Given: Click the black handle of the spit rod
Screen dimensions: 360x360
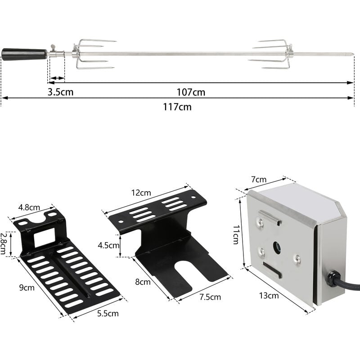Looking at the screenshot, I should pos(24,54).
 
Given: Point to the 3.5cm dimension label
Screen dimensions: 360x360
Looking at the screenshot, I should pos(61,92).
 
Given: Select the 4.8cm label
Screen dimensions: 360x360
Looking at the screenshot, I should pos(29,207).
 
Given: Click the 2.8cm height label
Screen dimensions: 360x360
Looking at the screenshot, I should pos(4,243).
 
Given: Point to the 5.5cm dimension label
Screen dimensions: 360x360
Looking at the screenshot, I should pos(108,314).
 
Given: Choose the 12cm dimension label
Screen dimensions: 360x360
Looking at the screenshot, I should pos(141,193).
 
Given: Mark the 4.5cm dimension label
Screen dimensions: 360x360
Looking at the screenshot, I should pos(108,245).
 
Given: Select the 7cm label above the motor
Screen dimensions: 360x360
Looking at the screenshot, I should pos(259,180).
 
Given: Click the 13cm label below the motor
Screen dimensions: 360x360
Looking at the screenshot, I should pos(269,296).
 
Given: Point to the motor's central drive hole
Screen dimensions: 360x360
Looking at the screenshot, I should pos(277,247).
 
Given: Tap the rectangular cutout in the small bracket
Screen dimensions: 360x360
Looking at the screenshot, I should pos(44,237).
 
